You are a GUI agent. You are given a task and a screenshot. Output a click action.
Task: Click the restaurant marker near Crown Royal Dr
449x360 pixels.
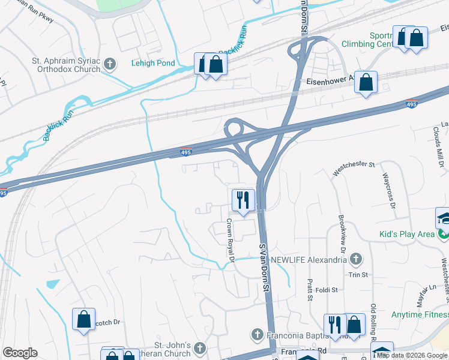[x=243, y=200]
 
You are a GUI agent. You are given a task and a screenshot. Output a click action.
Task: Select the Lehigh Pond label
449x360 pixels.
[x=153, y=63]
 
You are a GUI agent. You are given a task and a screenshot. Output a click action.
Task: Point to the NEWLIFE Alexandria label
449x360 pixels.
[x=309, y=259]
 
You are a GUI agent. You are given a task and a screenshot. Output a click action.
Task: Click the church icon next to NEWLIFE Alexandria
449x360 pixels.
[x=356, y=259]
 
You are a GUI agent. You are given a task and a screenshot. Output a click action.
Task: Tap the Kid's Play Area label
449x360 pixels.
[x=406, y=234]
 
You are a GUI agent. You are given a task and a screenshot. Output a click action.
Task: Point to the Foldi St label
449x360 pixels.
[x=327, y=289]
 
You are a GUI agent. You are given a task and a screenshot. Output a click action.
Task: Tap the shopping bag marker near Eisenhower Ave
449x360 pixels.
[x=366, y=82]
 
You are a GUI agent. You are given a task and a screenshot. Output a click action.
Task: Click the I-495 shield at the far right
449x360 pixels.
[x=411, y=104]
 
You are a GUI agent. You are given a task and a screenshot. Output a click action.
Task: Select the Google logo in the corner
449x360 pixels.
[x=20, y=353]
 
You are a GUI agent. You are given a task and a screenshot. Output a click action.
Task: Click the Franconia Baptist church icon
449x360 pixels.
[x=257, y=334]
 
